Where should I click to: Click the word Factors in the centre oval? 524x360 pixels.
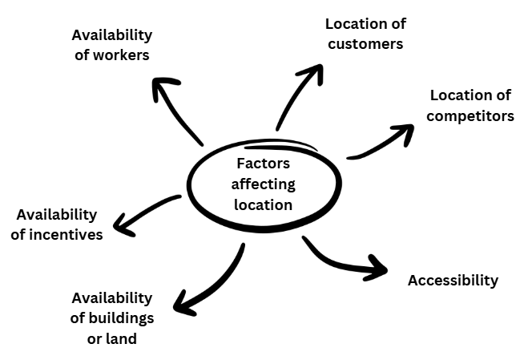click(263, 163)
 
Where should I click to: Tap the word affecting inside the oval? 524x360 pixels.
click(263, 184)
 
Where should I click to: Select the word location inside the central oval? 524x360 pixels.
click(263, 204)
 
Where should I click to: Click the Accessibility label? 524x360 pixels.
click(453, 280)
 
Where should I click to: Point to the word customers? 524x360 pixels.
click(364, 43)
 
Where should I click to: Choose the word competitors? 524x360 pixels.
click(470, 115)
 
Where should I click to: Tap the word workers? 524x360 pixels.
click(123, 55)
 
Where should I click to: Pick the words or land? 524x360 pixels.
click(111, 338)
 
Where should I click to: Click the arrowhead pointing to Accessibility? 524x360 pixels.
click(377, 268)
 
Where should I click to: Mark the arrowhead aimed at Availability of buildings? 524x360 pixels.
click(184, 306)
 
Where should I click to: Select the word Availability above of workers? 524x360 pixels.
click(111, 34)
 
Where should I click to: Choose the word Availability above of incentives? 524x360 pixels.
click(56, 214)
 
